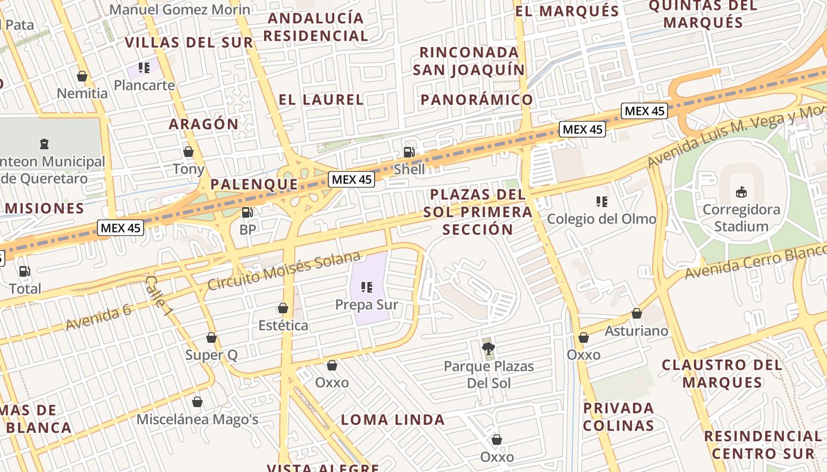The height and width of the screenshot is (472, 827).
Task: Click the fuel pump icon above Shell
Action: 409,152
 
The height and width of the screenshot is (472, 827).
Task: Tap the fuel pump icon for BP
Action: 248,212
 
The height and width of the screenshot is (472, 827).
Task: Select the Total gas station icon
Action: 25,271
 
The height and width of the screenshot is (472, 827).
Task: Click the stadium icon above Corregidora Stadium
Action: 741,192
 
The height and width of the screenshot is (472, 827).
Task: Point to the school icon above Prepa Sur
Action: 367,287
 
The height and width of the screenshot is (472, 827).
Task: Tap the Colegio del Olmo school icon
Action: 602,202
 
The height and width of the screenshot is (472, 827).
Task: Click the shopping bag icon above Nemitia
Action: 82,76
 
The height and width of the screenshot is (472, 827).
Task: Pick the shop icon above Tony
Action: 188,152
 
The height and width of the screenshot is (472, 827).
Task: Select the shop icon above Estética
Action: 283,308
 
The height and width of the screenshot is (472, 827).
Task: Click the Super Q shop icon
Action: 211,337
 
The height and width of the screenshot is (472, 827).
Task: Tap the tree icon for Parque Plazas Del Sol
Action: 489,349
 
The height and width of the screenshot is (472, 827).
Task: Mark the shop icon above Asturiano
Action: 637,313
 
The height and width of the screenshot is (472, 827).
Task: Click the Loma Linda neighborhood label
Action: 393,420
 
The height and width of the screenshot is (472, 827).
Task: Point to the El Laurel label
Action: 321,100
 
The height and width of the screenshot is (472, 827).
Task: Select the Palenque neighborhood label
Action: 255,184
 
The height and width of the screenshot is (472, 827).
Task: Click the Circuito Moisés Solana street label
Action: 284,271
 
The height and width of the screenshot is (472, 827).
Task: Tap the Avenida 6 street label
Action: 98,317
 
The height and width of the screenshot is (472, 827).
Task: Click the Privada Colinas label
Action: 618,417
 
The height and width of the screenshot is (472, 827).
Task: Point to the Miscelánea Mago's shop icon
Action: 197,402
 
